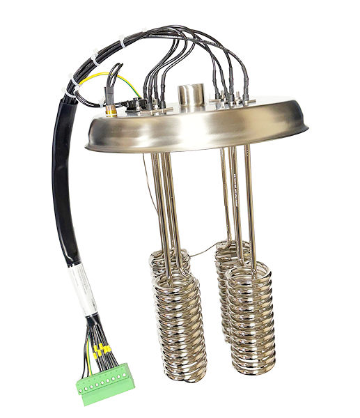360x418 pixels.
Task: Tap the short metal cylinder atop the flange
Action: tap(189, 94)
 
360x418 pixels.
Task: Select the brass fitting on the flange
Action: tap(111, 108)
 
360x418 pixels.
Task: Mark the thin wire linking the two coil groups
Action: tap(202, 251)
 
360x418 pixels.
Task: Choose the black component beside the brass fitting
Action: tap(136, 104)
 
